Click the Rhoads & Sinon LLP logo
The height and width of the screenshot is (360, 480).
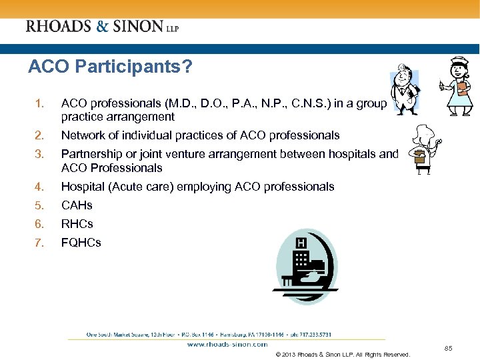(102, 27)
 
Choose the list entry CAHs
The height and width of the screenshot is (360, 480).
(77, 205)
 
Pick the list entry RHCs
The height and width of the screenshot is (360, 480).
(77, 224)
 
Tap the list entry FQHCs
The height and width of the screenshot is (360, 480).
(81, 243)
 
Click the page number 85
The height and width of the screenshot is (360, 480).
(449, 348)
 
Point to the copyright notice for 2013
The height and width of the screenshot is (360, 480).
(342, 355)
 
